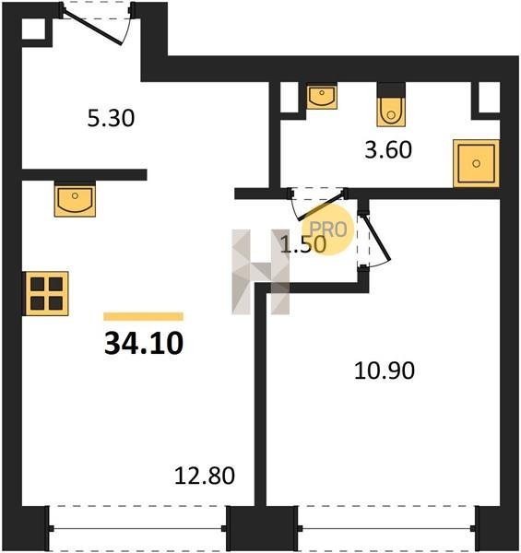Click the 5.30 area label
click(x=111, y=118)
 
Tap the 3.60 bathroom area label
click(x=388, y=150)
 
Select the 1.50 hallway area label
click(x=302, y=244)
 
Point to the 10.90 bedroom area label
click(x=385, y=371)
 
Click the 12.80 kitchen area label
click(x=205, y=476)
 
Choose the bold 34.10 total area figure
click(x=144, y=344)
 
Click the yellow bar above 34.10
click(x=143, y=316)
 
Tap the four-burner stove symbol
click(x=45, y=293)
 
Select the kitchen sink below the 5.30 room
click(x=75, y=199)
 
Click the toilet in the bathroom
click(x=391, y=105)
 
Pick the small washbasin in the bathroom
click(x=321, y=96)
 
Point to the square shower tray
click(x=476, y=163)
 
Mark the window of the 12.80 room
click(x=137, y=528)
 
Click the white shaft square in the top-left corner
click(x=34, y=29)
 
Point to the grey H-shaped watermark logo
click(x=261, y=272)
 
